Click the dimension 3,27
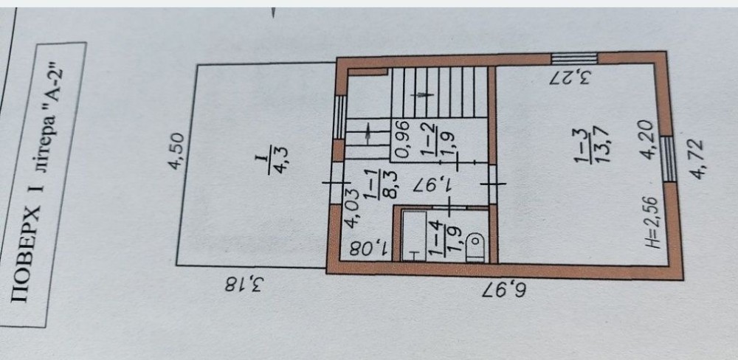pyautogui.click(x=570, y=77)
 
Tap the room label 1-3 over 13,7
pyautogui.click(x=592, y=146)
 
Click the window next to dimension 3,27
pyautogui.click(x=574, y=58)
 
